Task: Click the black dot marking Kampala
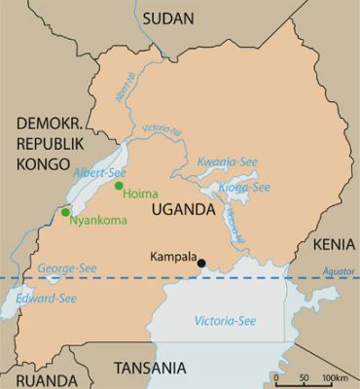201,263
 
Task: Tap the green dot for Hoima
119,186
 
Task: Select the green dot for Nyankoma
65,212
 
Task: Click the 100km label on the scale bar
336,377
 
